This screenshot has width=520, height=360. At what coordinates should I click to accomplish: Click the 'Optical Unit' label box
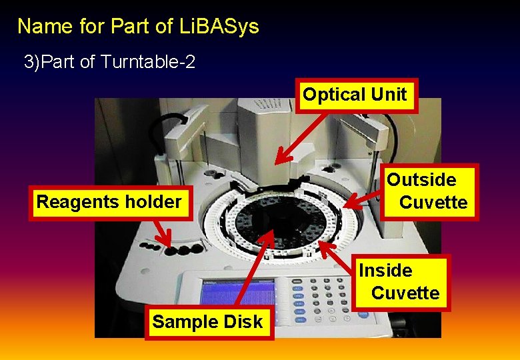[354, 95]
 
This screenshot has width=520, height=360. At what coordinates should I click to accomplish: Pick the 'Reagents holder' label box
[109, 201]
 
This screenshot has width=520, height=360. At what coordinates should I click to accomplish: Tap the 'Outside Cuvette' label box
[431, 191]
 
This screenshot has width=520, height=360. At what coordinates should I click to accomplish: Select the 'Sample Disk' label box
[207, 322]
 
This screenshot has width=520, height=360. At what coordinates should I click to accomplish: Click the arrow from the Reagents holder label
[160, 233]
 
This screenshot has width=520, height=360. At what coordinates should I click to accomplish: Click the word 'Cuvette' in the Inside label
[405, 293]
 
